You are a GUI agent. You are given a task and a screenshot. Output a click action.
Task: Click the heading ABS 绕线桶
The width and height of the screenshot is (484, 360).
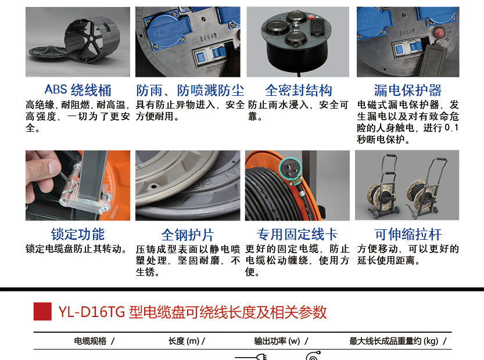coord(78,90)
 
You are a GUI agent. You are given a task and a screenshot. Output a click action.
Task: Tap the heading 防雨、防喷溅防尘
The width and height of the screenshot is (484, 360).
coord(190,91)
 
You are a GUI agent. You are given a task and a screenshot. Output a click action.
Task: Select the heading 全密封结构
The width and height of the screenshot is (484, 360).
coord(299,91)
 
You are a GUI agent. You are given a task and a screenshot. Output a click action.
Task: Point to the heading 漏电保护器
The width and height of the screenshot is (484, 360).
coord(408,91)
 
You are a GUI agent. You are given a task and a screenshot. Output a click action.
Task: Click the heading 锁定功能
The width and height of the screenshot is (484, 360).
coord(78,234)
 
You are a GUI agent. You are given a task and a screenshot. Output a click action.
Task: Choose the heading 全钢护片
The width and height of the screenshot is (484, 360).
coord(188,235)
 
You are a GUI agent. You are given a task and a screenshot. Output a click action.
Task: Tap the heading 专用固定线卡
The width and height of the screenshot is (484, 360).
coord(297,235)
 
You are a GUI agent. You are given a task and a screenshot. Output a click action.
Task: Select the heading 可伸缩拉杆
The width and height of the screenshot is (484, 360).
coord(408,235)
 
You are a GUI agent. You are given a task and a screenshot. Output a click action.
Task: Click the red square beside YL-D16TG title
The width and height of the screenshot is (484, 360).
coord(42,311)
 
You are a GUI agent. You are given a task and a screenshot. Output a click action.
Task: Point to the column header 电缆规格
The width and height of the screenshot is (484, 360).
coord(90,341)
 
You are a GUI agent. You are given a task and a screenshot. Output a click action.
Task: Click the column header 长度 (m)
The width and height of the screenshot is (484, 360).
coord(184,341)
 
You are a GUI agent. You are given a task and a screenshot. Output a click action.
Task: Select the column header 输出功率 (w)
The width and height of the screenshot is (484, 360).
coord(277,341)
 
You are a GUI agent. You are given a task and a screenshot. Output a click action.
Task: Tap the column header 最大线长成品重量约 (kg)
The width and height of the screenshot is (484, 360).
coord(393,341)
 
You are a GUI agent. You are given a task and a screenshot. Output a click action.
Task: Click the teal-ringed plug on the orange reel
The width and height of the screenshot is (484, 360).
coord(290,170)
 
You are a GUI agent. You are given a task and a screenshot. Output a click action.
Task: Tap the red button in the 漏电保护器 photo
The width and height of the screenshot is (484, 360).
coord(439,32)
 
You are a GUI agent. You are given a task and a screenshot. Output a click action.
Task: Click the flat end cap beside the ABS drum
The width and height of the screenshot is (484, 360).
coord(49,53)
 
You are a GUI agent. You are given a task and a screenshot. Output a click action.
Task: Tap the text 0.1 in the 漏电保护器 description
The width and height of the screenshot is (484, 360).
coord(451,128)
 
